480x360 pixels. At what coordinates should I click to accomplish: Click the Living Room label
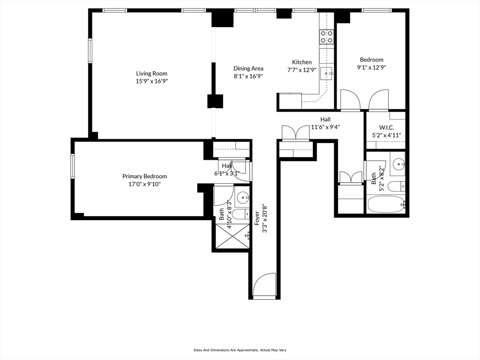[x=151, y=73]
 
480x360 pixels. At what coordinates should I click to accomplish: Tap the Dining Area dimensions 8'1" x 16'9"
[x=248, y=76]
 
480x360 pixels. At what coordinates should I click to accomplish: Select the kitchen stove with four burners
[x=326, y=37]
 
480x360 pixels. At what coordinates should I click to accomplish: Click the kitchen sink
[x=327, y=72]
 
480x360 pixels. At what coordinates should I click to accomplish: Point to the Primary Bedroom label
[x=144, y=176]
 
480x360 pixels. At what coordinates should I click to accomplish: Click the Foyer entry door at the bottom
[x=264, y=285]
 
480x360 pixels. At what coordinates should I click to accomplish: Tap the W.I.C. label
[x=386, y=127]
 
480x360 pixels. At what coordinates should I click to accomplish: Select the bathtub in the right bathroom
[x=385, y=205]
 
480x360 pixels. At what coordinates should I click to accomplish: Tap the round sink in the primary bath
[x=242, y=197]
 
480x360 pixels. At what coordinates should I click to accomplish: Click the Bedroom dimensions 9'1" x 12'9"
[x=371, y=67]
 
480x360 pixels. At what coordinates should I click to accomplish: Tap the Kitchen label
[x=301, y=62]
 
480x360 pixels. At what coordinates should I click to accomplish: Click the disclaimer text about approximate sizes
[x=240, y=350]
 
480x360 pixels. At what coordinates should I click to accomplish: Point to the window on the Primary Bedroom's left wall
[x=73, y=166]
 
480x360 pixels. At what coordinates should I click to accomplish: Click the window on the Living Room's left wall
[x=90, y=51]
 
